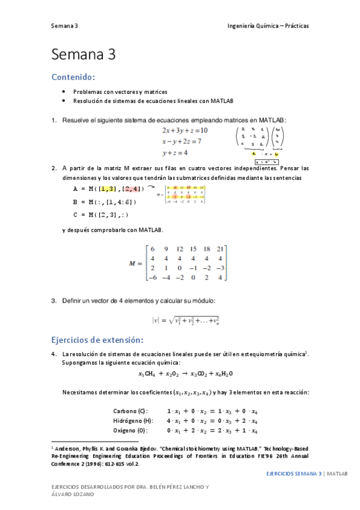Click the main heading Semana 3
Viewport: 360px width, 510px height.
pos(83,55)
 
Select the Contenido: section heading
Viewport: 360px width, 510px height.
pos(73,77)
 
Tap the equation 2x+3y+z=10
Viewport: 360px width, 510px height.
pos(185,130)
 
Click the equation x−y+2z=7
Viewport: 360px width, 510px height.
pos(182,141)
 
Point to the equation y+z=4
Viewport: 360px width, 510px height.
pos(174,153)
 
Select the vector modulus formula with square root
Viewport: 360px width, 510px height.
pos(185,321)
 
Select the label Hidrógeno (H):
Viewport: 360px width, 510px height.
pos(133,420)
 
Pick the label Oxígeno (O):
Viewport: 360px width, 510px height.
pos(130,431)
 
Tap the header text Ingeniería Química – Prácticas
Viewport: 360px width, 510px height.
pos(268,26)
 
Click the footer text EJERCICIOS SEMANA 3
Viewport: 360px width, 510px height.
pos(295,474)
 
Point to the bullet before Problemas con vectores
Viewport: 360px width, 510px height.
pos(64,91)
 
